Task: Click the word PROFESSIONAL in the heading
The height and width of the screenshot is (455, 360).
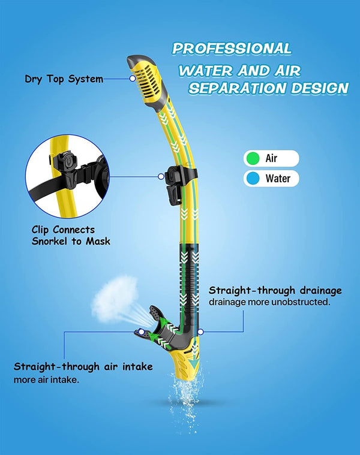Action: tap(232, 49)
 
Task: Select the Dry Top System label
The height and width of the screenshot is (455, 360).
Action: tap(64, 79)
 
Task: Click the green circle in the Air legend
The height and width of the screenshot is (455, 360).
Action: tap(253, 159)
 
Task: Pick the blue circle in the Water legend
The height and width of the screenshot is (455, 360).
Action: tap(253, 178)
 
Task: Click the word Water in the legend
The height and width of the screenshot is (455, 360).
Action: tap(277, 178)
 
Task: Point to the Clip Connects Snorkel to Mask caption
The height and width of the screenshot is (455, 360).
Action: tap(71, 235)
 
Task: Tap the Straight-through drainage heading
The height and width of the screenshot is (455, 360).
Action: tap(275, 291)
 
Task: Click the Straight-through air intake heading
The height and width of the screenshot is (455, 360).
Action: tap(83, 366)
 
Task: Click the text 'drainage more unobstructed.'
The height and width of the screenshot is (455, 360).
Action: tap(269, 302)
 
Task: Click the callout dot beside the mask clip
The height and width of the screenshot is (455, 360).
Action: tap(160, 176)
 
